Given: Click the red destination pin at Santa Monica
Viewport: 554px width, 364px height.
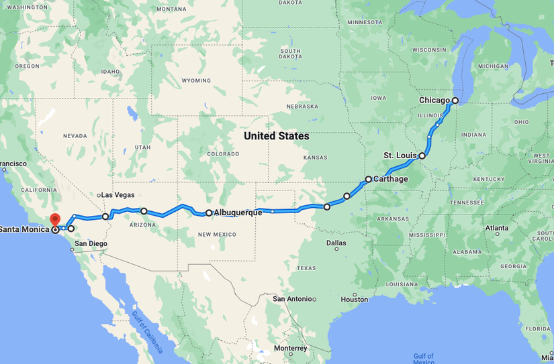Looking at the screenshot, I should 55,219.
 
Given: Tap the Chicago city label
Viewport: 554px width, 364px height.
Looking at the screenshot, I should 434,101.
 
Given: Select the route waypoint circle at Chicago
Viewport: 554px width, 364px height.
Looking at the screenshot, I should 455,101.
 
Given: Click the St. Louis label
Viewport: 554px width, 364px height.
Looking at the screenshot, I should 400,156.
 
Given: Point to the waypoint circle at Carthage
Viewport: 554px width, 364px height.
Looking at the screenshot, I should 368,179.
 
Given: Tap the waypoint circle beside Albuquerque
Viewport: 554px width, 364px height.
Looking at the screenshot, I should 209,213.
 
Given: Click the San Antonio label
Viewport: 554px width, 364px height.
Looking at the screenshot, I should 292,299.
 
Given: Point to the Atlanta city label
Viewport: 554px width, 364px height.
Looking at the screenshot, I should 497,229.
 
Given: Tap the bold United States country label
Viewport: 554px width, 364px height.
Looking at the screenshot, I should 276,136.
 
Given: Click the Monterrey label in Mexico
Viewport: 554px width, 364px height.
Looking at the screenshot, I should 290,349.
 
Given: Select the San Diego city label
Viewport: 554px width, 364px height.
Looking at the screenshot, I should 90,243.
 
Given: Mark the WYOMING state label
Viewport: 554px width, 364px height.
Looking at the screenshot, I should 196,80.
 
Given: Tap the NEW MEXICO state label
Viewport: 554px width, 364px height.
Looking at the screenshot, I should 216,234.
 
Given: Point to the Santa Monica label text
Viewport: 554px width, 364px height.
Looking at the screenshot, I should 24,229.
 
